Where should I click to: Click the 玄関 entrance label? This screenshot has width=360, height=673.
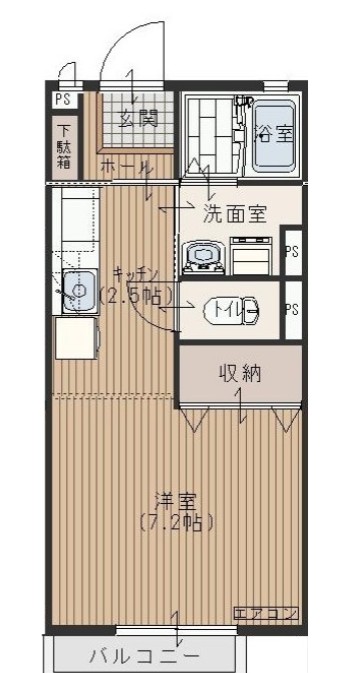pyautogui.click(x=139, y=119)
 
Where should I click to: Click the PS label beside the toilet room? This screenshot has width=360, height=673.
pyautogui.click(x=292, y=310)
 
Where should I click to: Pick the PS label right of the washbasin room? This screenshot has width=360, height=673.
pyautogui.click(x=292, y=251)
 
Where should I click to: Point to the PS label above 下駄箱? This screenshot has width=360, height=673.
pyautogui.click(x=62, y=99)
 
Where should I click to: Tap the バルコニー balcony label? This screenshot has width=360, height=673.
pyautogui.click(x=144, y=656)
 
